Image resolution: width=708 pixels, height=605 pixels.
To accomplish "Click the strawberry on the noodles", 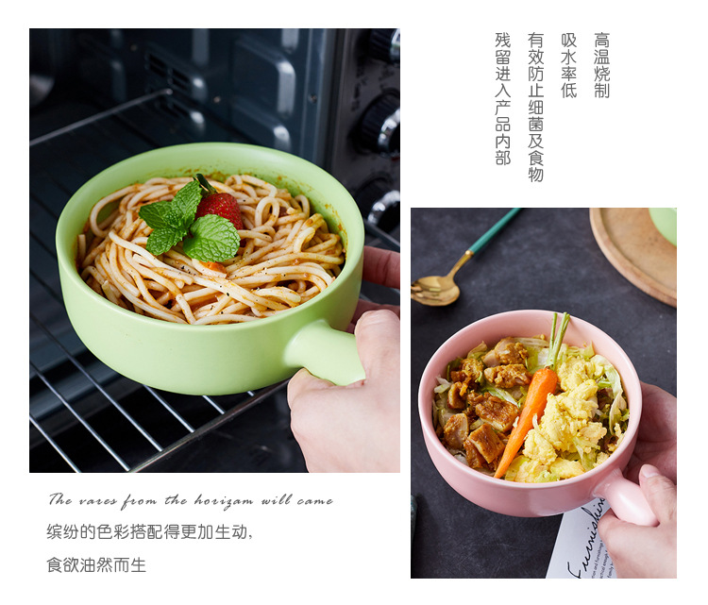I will tap(220, 208).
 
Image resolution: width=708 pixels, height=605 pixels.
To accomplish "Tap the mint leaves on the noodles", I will tap(189, 227).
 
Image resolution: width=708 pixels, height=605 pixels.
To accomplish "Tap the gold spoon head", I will tap(434, 290).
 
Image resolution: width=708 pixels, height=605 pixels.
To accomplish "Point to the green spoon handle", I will tap(495, 230).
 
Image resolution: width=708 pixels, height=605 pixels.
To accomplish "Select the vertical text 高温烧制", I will tap(601, 65).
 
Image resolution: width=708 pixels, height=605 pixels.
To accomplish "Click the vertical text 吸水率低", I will tap(568, 65).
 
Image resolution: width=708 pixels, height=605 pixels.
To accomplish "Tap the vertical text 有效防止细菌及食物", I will tap(535, 107).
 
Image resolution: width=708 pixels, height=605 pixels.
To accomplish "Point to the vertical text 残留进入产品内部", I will tap(502, 98).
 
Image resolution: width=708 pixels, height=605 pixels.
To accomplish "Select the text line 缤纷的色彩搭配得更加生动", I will tap(150, 532).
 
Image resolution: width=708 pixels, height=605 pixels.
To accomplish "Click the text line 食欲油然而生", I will tap(96, 565).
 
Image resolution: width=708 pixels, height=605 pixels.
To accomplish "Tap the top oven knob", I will tap(383, 43).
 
